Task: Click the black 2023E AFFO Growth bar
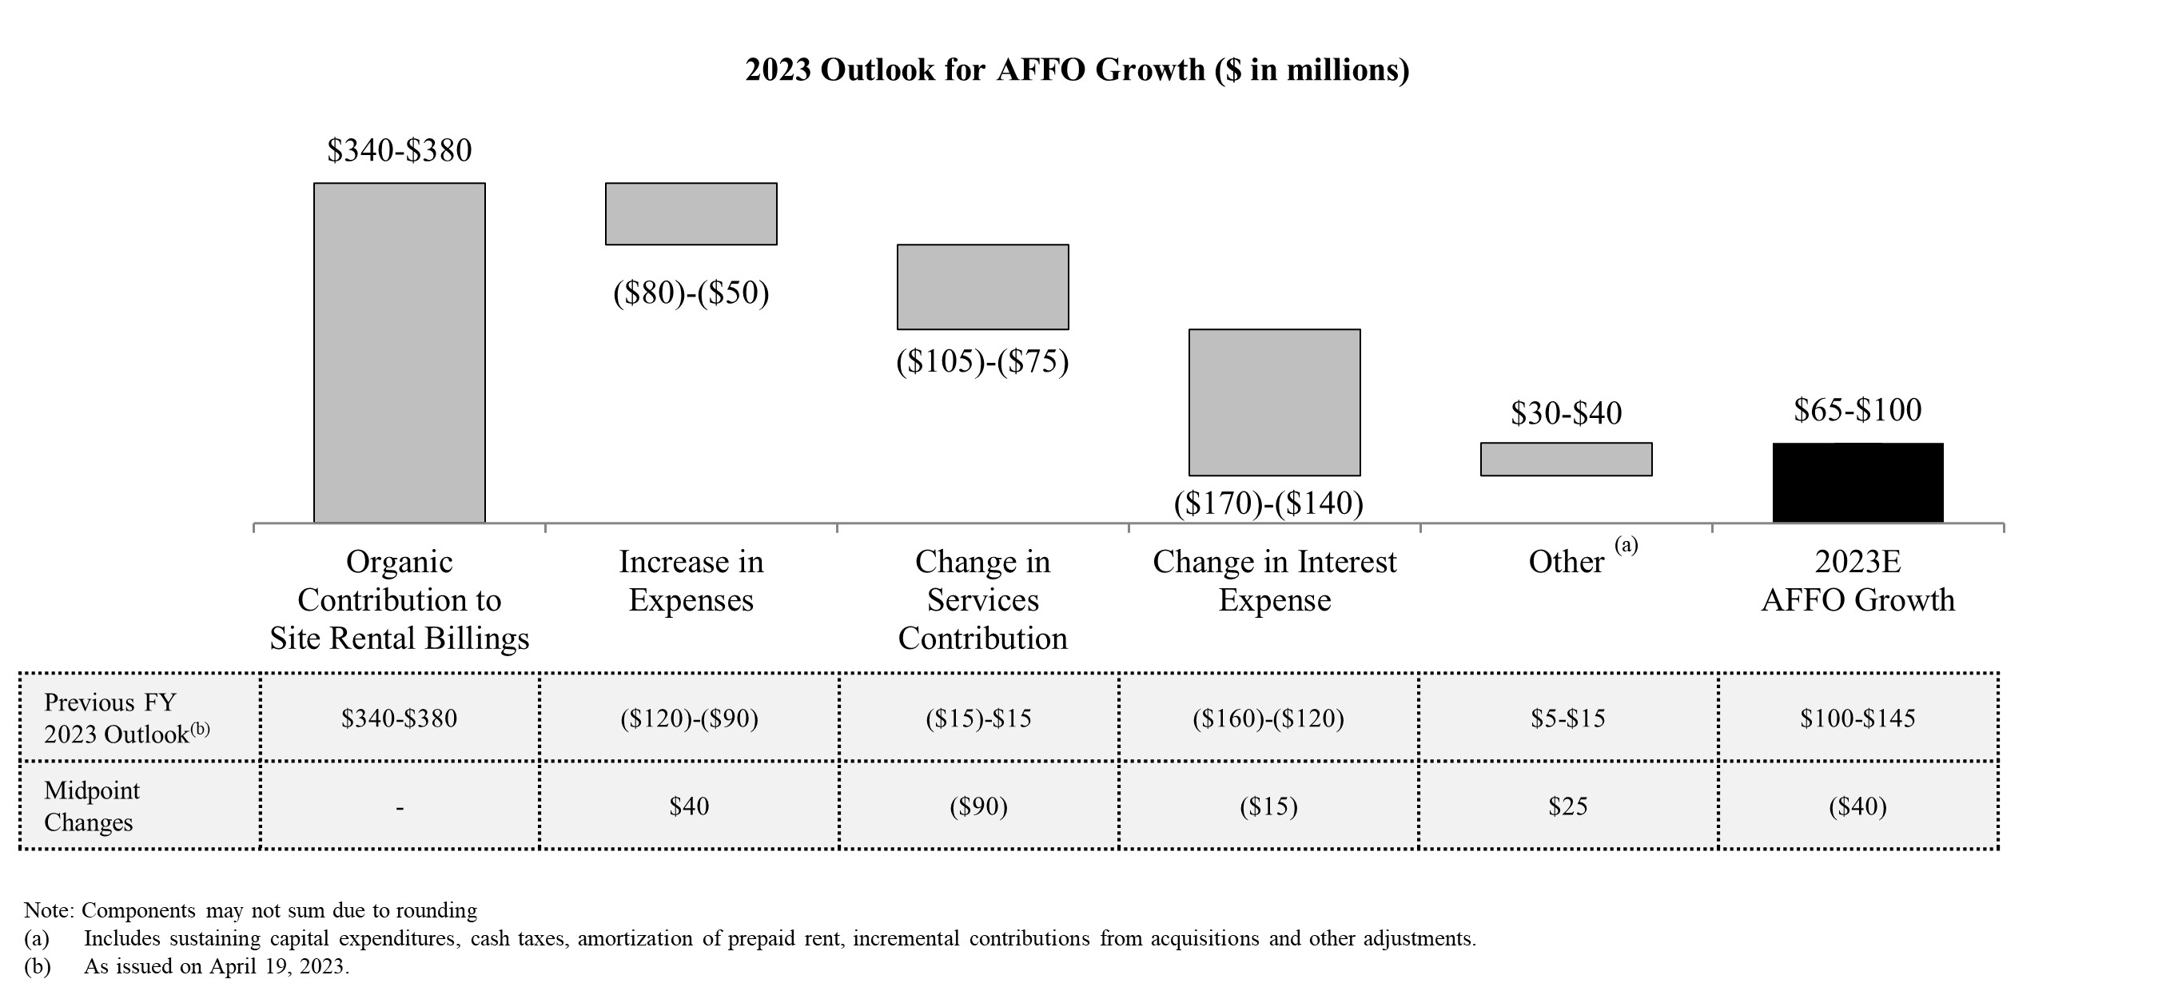pyautogui.click(x=1857, y=483)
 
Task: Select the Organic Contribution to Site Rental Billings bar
pyautogui.click(x=399, y=352)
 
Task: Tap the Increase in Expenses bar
pyautogui.click(x=691, y=213)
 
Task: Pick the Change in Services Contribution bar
pyautogui.click(x=981, y=287)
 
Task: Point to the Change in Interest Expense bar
pyautogui.click(x=1273, y=402)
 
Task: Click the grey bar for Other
pyautogui.click(x=1565, y=459)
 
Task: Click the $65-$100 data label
pyautogui.click(x=1857, y=410)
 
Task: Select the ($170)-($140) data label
pyautogui.click(x=1268, y=503)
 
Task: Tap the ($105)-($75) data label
pyautogui.click(x=981, y=361)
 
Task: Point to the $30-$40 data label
pyautogui.click(x=1566, y=413)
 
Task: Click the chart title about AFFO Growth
pyautogui.click(x=1077, y=70)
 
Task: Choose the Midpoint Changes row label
pyautogui.click(x=91, y=806)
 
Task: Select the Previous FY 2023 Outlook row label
pyautogui.click(x=125, y=718)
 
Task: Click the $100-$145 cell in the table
pyautogui.click(x=1857, y=718)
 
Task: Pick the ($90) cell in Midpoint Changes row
pyautogui.click(x=977, y=806)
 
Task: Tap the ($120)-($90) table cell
pyautogui.click(x=689, y=718)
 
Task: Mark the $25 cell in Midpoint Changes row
pyautogui.click(x=1567, y=806)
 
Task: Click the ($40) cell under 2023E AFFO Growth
pyautogui.click(x=1857, y=806)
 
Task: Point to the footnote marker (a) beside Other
pyautogui.click(x=1625, y=545)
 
